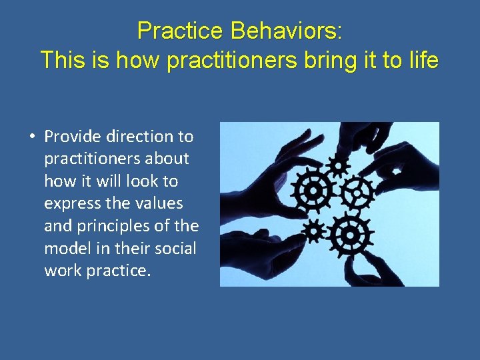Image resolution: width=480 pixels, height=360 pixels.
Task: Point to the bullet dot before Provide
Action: pyautogui.click(x=31, y=137)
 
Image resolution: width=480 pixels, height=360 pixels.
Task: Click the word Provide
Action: pyautogui.click(x=73, y=137)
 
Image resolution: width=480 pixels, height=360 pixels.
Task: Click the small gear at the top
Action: pyautogui.click(x=339, y=165)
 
